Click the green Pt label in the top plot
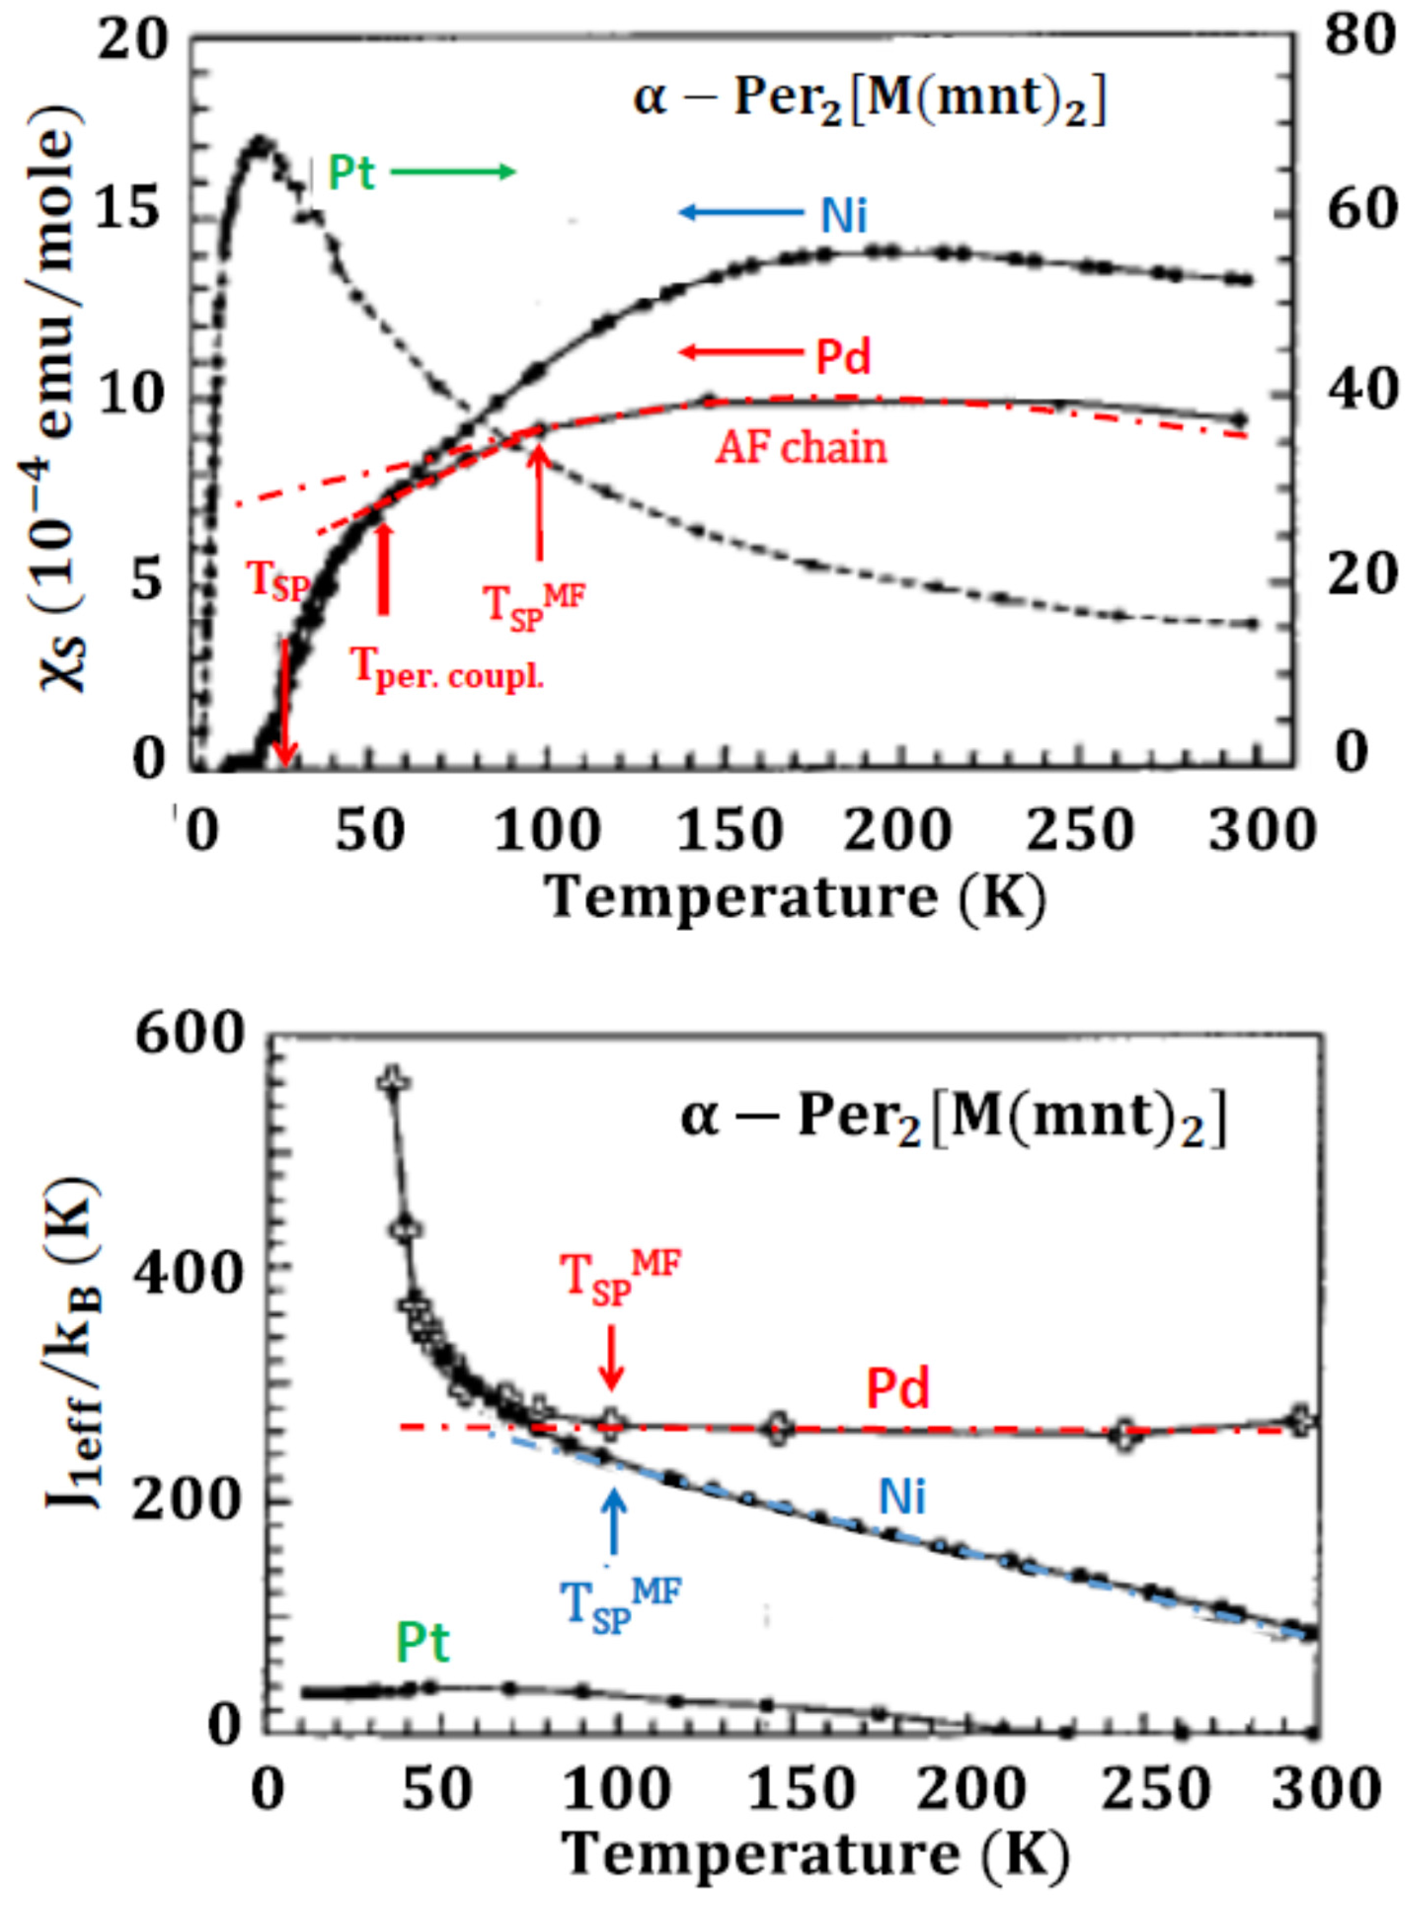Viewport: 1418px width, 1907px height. pyautogui.click(x=352, y=173)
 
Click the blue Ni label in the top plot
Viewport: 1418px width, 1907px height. pyautogui.click(x=844, y=215)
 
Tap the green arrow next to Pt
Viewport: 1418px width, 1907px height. pyautogui.click(x=453, y=172)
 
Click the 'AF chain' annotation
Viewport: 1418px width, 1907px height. pyautogui.click(x=801, y=448)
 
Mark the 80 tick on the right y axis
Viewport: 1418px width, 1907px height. pyautogui.click(x=1359, y=38)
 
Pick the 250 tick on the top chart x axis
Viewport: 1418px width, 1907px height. pyautogui.click(x=1080, y=831)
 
